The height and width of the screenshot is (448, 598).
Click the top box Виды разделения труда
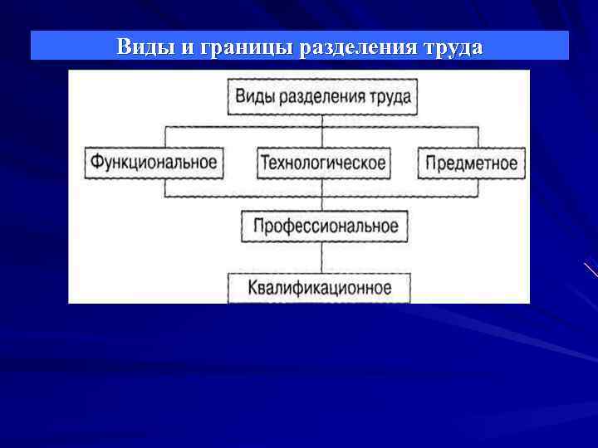coord(323,97)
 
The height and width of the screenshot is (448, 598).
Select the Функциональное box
coord(155,163)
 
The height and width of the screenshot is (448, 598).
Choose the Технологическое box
coord(323,163)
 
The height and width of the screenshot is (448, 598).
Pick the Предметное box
coord(471,163)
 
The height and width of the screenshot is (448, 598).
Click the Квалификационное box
coord(320,289)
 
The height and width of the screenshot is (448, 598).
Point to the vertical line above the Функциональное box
coord(167,137)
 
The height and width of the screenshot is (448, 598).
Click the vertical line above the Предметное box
coord(478,137)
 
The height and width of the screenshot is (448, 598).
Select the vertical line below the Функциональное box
coord(167,187)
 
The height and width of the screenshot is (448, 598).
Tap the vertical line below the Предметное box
coord(478,187)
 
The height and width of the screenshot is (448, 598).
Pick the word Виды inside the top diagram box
coord(255,97)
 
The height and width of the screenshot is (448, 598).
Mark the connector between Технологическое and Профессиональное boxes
coord(323,193)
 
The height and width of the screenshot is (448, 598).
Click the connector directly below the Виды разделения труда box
coord(323,121)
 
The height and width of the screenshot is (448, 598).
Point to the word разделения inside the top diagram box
coord(321,97)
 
